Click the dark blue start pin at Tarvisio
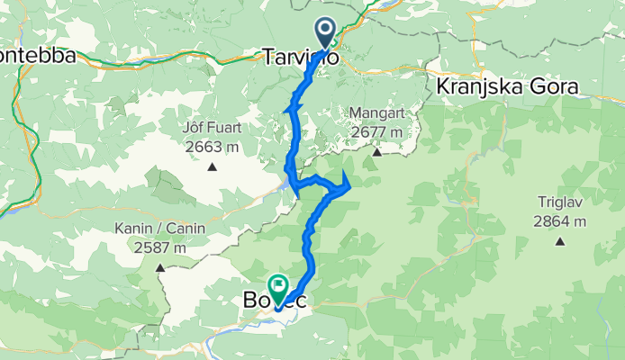click(x=325, y=31)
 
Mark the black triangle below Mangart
click(x=378, y=152)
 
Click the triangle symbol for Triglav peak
click(x=560, y=241)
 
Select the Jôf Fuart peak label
click(x=213, y=129)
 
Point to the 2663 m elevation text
click(x=213, y=147)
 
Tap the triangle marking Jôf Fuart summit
click(x=213, y=166)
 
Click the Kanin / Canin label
click(x=160, y=229)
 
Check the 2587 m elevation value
click(x=160, y=247)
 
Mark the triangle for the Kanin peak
click(x=160, y=266)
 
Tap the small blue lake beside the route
click(x=290, y=184)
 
